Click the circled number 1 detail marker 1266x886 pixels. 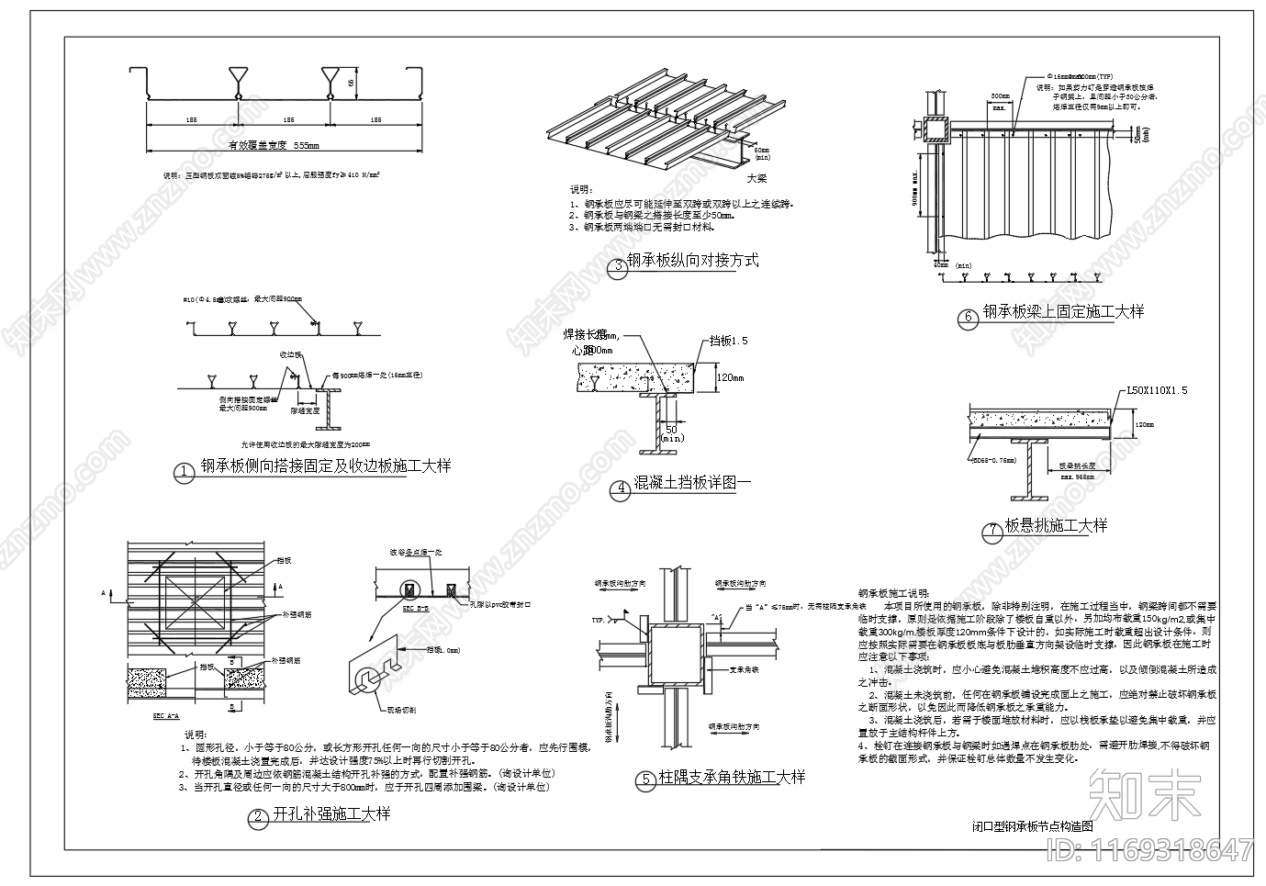(x=185, y=473)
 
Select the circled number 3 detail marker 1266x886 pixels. (x=618, y=267)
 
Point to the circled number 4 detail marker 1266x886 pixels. (x=621, y=488)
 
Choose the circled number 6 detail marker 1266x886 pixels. (x=967, y=319)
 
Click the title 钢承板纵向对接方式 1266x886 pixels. (x=693, y=261)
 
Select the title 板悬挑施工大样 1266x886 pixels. (x=1056, y=526)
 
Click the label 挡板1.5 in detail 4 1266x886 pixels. (x=728, y=341)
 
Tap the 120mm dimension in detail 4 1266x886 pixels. (x=730, y=377)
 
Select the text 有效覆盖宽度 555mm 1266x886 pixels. (x=274, y=145)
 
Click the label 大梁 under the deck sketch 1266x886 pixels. (x=756, y=179)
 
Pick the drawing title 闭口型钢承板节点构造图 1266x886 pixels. (x=1033, y=826)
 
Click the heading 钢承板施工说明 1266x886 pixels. (x=893, y=594)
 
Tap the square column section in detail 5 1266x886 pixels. (x=677, y=653)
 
